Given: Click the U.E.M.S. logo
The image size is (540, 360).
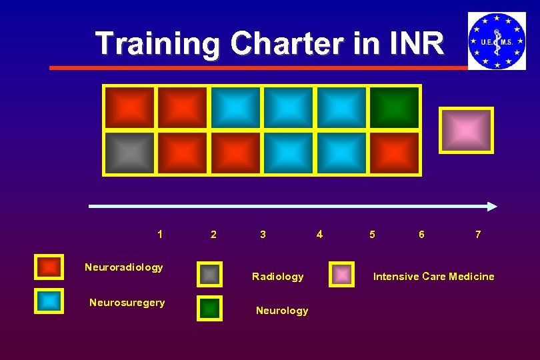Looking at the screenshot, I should coord(497,41).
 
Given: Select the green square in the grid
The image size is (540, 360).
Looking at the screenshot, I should coord(395,107).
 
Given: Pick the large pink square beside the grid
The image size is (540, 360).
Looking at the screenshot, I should coord(466,130).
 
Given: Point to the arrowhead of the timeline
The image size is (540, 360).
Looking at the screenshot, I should coord(492,207).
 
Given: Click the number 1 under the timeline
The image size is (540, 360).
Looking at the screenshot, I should coord(159,234).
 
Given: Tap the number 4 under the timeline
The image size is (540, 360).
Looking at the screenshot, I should coord(319,234).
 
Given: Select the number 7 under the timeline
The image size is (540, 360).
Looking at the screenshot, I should coord(477,235).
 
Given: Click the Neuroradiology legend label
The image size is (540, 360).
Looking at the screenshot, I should coord(124,267).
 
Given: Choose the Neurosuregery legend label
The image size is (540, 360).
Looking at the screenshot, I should coord(127,303).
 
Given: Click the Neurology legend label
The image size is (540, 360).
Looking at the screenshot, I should coord(282,311).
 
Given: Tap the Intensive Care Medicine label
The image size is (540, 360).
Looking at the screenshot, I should coord(433,277).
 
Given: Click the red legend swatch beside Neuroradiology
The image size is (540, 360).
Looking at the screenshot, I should coord(49,267).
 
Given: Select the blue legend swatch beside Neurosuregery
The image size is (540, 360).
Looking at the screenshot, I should coord(49,301).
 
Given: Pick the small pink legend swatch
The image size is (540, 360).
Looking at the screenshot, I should coord(342,275).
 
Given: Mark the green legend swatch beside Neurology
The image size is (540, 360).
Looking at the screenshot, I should coord(209,308).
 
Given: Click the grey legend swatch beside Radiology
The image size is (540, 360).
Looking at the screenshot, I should coord(209,274).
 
